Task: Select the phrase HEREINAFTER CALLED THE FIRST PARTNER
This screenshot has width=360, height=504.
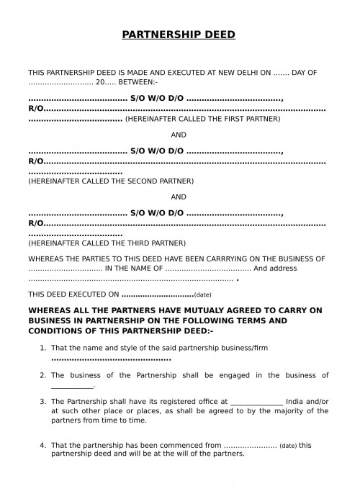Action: click(203, 118)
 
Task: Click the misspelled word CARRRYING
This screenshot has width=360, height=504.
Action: click(226, 258)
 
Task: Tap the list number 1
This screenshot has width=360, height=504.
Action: click(42, 348)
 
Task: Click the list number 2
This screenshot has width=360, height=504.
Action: click(42, 375)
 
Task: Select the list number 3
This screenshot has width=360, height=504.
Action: click(42, 401)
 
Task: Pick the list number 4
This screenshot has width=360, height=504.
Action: click(42, 445)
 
